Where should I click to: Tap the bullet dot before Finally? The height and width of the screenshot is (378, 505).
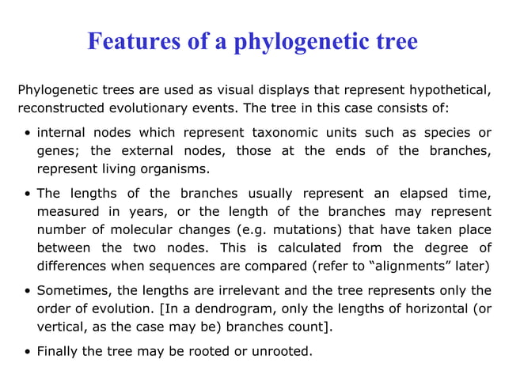point(27,351)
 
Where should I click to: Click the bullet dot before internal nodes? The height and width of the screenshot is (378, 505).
point(27,132)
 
